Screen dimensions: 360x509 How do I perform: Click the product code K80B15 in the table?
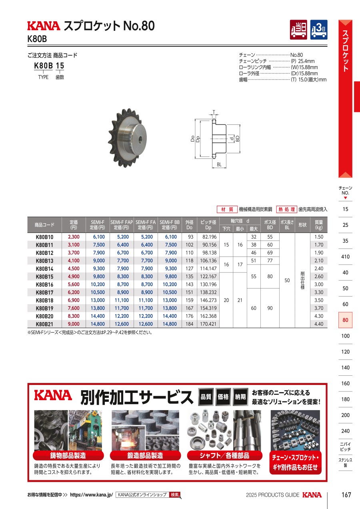[44, 277]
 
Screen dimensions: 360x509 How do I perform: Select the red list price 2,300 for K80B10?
[74, 237]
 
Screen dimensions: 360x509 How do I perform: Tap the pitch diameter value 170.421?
[208, 324]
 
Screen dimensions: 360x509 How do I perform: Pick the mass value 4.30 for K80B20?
[319, 316]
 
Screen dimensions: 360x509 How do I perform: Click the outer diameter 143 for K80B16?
[190, 284]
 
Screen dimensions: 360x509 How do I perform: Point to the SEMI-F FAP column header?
[122, 225]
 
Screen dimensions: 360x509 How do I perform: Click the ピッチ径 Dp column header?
[208, 225]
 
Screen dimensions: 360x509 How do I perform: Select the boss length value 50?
[287, 281]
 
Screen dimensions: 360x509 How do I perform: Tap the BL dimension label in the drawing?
[219, 164]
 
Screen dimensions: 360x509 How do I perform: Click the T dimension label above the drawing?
[214, 112]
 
